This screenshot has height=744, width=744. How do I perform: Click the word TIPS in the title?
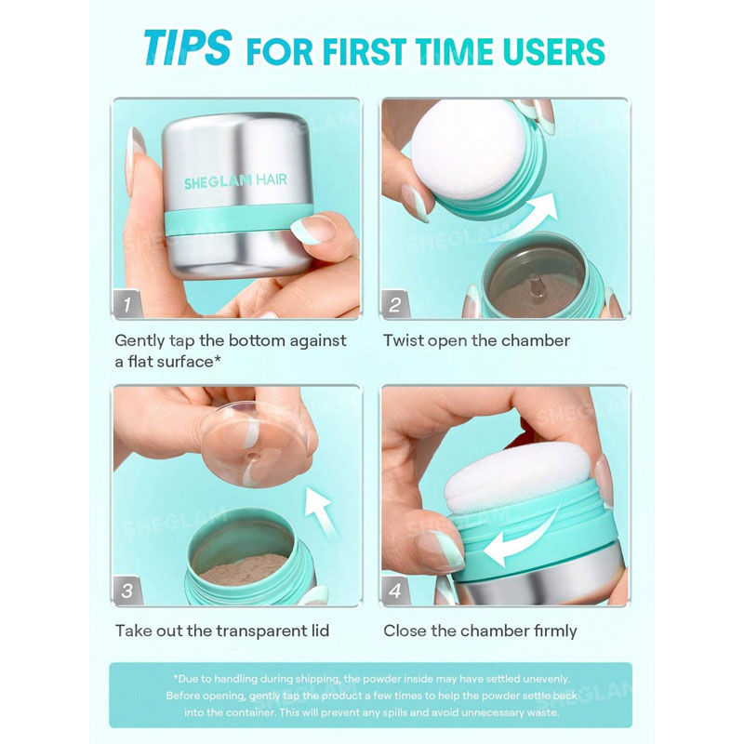click(x=188, y=47)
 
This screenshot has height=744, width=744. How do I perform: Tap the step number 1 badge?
click(x=127, y=304)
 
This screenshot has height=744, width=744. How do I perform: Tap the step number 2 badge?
click(x=394, y=304)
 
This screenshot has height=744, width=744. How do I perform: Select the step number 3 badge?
click(x=127, y=591)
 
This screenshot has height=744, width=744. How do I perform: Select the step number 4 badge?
click(x=394, y=591)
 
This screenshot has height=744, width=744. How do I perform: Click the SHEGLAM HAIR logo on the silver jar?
click(x=235, y=180)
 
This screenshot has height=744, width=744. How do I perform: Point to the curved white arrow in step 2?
click(x=531, y=219)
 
